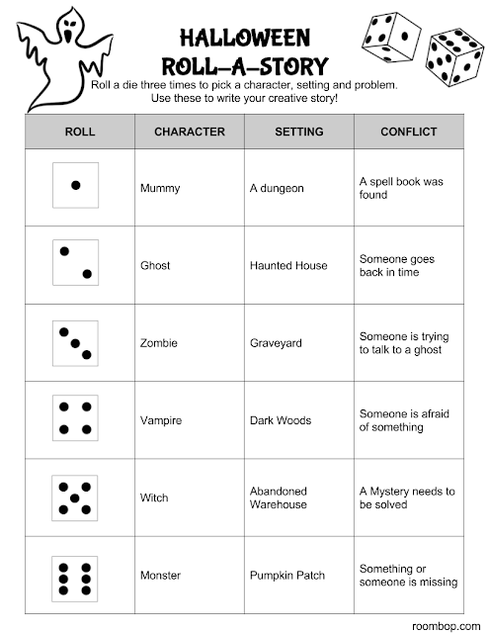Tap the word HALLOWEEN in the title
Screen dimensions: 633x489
[244, 39]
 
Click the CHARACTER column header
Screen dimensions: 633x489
[189, 132]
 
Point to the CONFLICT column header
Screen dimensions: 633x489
[408, 132]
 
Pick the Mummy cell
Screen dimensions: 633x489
[161, 188]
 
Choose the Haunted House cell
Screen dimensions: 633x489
[288, 265]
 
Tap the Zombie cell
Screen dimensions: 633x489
[160, 343]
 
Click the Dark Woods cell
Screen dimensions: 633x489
[282, 420]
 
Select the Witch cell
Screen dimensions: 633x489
[156, 497]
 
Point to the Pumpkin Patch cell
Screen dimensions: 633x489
[287, 576]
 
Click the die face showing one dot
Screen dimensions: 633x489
[76, 185]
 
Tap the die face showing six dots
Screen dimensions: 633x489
[76, 575]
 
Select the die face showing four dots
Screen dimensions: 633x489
[76, 418]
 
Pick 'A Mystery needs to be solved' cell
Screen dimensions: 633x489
[406, 497]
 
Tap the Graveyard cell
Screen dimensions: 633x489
[276, 343]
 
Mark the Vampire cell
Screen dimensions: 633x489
[162, 420]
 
